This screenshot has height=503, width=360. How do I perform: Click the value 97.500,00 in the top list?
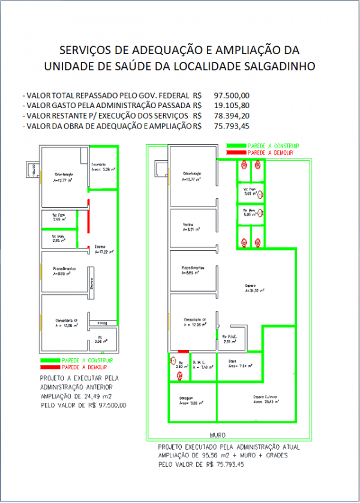[x=232, y=95]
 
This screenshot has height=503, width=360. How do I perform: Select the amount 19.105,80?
[x=232, y=105]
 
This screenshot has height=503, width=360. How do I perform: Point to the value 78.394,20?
[x=232, y=115]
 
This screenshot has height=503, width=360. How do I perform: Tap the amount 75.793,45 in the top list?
[x=232, y=125]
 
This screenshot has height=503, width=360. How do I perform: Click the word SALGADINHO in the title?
[x=278, y=66]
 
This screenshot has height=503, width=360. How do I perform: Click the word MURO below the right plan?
[x=217, y=433]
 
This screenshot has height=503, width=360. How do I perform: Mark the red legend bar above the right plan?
[x=235, y=153]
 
